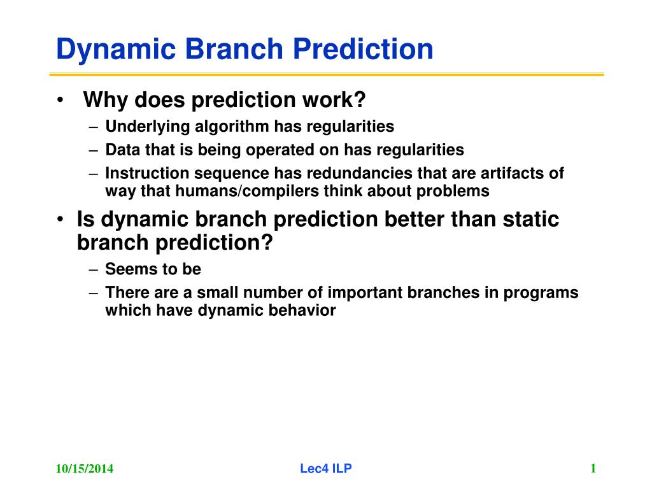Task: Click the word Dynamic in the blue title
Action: [x=116, y=50]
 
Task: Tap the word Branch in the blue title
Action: [x=234, y=48]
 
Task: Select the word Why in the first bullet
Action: [x=105, y=100]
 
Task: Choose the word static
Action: [x=530, y=219]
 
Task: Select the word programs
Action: [x=541, y=293]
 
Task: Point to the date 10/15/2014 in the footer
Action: [x=85, y=469]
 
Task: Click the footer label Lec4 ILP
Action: [x=326, y=469]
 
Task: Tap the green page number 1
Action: [x=593, y=469]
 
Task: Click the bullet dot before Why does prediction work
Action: [x=60, y=100]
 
